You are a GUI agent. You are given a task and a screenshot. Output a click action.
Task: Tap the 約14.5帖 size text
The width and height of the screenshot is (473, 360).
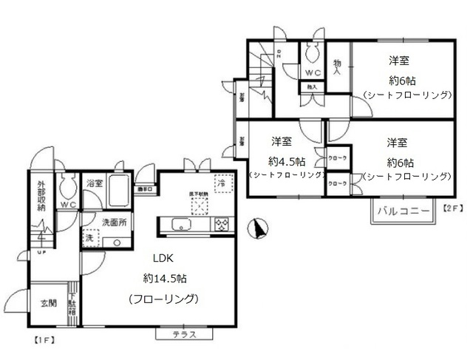[x=164, y=279]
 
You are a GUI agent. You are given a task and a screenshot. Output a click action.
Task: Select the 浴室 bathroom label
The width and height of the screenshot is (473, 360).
[x=94, y=183]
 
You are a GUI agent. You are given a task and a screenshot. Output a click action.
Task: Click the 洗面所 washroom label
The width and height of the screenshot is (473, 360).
[x=115, y=221]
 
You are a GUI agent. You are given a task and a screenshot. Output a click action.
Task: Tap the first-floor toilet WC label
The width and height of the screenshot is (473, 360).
[x=69, y=204]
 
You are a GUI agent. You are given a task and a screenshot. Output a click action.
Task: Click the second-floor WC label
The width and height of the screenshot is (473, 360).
[x=312, y=72]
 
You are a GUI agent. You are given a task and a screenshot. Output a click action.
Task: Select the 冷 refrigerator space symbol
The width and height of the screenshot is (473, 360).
[x=222, y=181]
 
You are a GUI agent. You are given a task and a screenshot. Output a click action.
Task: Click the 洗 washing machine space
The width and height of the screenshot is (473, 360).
[x=89, y=239]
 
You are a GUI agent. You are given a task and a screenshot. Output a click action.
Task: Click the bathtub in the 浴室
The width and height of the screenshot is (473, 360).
[x=119, y=191]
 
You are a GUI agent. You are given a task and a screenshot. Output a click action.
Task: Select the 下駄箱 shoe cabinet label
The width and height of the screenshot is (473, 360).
[x=72, y=305]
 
